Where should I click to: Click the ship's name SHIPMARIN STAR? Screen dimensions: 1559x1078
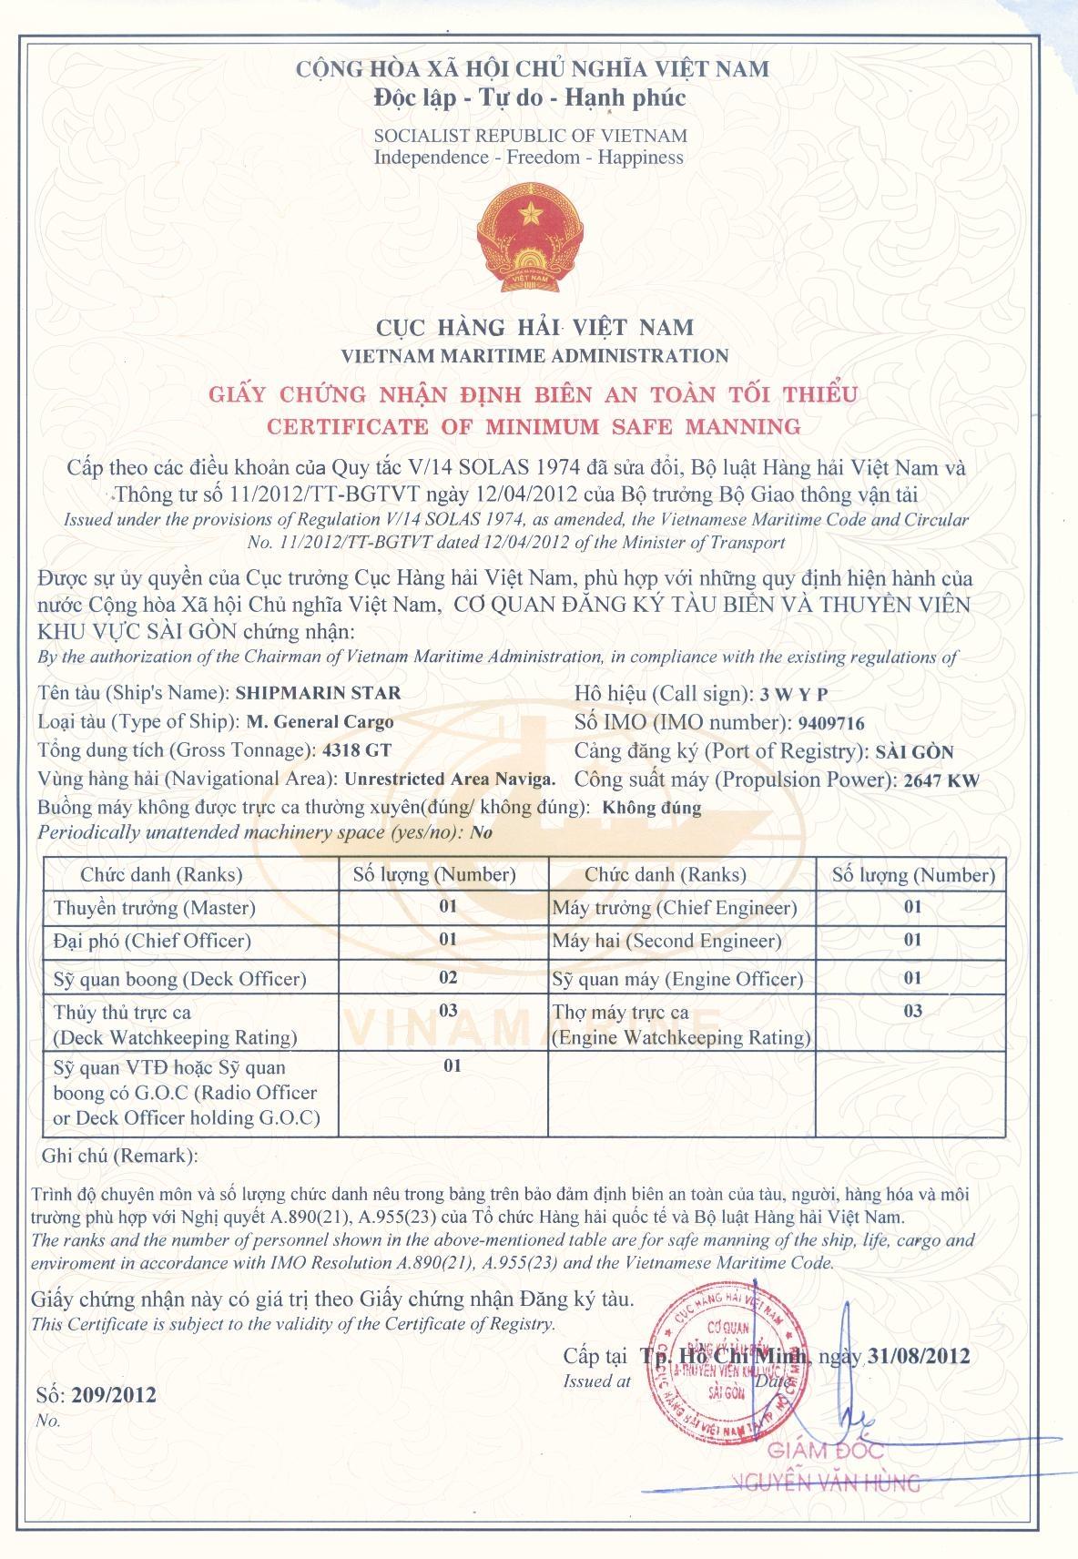click(318, 692)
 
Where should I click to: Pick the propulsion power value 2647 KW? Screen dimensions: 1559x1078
click(938, 780)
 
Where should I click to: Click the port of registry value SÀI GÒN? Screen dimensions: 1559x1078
click(913, 752)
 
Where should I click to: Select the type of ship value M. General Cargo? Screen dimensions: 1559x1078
click(320, 721)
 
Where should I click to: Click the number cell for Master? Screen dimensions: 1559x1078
click(448, 907)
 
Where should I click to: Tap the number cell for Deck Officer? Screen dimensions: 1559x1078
click(448, 978)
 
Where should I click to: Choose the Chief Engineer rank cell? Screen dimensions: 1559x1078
click(675, 908)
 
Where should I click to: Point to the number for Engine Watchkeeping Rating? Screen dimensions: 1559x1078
click(912, 1011)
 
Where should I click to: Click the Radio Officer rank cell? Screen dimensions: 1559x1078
click(186, 1092)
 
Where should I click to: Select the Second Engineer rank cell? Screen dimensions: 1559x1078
click(666, 941)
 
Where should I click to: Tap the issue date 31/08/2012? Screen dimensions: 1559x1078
click(919, 1356)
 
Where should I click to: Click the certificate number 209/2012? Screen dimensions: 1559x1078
click(114, 1394)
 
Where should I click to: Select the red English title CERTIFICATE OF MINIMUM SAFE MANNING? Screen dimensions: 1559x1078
click(534, 425)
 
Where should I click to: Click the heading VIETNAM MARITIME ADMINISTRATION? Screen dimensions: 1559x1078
click(534, 355)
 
